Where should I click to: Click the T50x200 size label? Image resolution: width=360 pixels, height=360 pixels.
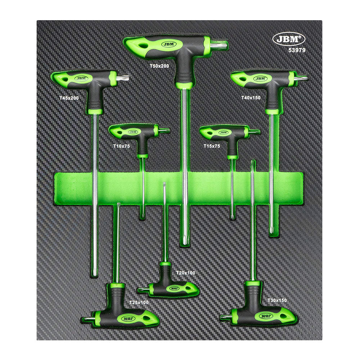pos(159,66)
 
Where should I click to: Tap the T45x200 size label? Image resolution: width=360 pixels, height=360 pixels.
pos(69,98)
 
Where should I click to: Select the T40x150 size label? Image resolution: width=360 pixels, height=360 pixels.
pos(251,98)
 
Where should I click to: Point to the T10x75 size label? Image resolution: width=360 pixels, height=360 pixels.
pos(121,146)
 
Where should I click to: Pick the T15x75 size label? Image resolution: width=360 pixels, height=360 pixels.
pos(211,146)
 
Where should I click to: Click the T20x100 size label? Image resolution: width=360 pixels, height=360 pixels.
pos(186,273)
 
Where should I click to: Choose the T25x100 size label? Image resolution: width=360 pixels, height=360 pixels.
pos(139,302)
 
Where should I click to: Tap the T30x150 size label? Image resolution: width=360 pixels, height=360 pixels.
pos(277,300)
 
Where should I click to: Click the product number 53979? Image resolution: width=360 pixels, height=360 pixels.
pos(297,50)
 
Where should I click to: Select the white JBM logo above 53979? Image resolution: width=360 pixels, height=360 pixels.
pos(289,39)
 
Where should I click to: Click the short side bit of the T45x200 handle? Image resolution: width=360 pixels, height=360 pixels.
pos(123,77)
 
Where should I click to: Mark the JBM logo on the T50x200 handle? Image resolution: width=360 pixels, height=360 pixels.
pos(168,44)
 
